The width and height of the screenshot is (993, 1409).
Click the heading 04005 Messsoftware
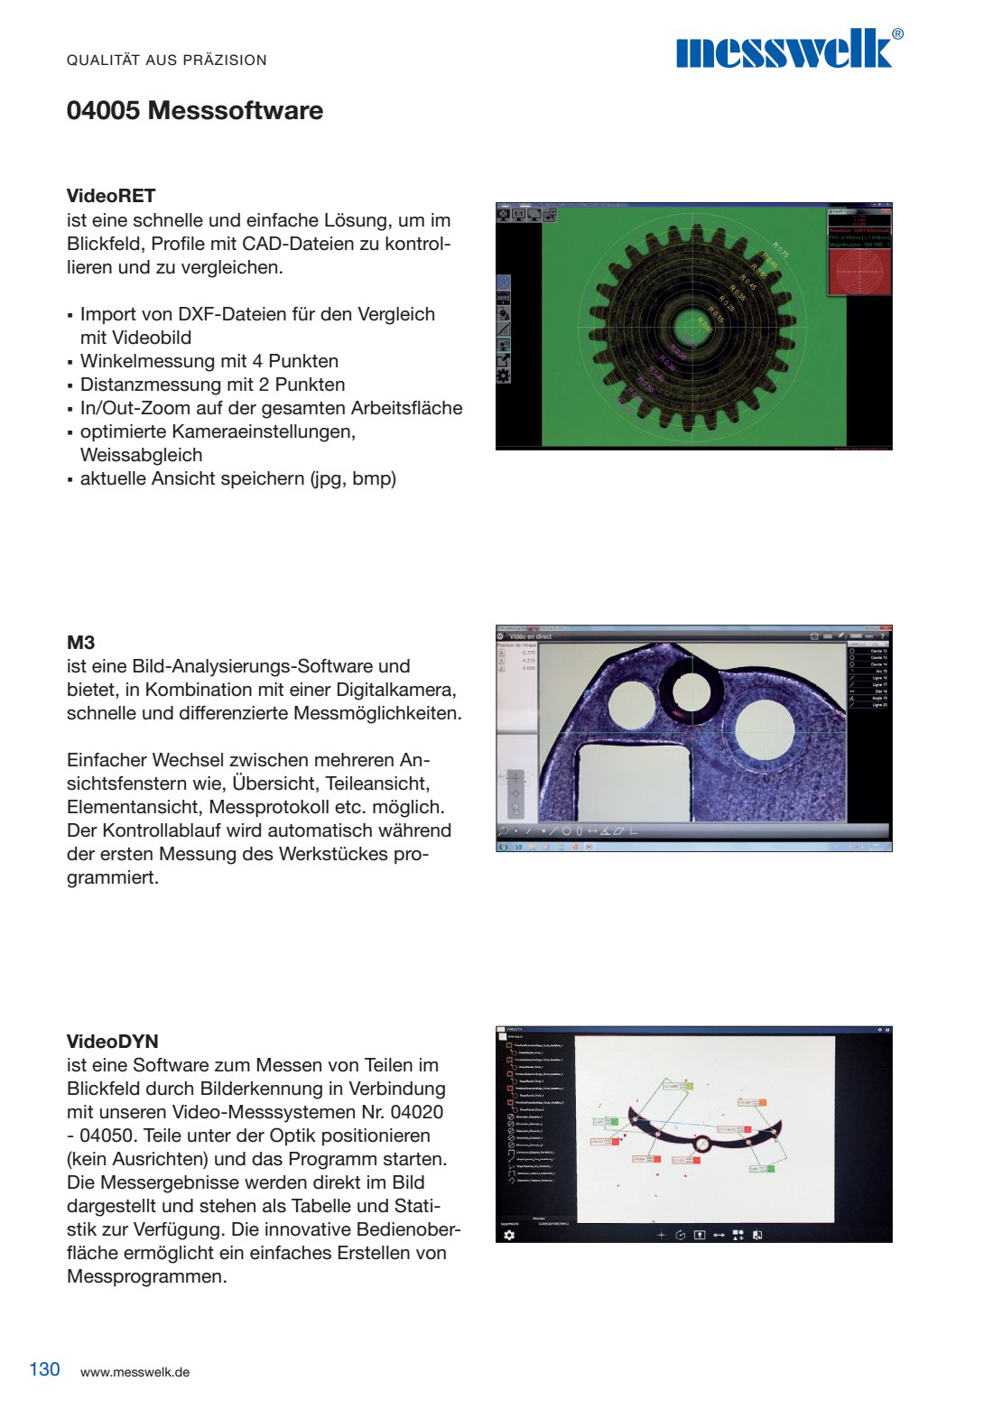(195, 111)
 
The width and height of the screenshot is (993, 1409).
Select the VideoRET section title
(111, 196)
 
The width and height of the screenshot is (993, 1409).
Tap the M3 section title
(80, 643)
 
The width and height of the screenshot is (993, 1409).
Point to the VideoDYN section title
(113, 1042)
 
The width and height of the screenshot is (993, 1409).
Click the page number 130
(44, 1369)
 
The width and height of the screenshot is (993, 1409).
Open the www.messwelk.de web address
(135, 1372)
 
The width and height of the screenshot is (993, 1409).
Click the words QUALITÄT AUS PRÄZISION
(167, 60)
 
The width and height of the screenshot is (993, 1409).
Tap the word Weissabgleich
(142, 455)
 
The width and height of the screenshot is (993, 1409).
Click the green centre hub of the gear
(692, 326)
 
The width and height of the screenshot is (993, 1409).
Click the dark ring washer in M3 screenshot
(690, 690)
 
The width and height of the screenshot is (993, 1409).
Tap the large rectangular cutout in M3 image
(632, 781)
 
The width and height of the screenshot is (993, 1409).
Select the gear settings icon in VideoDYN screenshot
(509, 1235)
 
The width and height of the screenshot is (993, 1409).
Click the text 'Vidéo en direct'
(530, 636)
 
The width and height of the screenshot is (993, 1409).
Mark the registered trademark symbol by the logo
(897, 34)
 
